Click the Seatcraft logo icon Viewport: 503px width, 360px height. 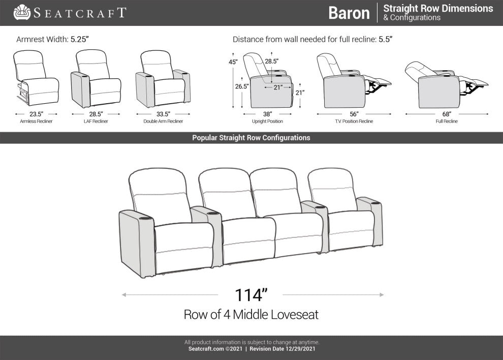point(22,12)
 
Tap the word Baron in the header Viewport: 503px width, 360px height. point(349,13)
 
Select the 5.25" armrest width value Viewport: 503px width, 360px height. point(80,39)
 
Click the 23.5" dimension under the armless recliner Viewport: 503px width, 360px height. point(36,114)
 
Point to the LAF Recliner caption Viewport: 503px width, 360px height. point(96,122)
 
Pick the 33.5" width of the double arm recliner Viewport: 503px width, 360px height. point(163,114)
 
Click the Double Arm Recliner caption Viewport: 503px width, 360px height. point(163,122)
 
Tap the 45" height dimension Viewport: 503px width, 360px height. point(233,62)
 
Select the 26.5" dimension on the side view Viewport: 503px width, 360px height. point(241,86)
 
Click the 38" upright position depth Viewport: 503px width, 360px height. point(267,114)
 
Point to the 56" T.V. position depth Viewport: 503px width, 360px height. point(354,114)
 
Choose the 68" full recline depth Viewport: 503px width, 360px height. point(447,114)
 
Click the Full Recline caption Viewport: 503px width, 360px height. point(447,122)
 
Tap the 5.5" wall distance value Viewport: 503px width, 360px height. point(386,39)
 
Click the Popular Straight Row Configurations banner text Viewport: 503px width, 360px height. point(251,138)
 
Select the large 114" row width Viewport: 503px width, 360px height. point(251,295)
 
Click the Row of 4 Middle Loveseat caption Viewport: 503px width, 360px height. point(251,314)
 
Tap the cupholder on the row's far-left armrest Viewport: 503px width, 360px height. point(146,218)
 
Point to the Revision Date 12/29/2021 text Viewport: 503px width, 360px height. point(282,349)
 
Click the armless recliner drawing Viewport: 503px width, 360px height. point(36,78)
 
